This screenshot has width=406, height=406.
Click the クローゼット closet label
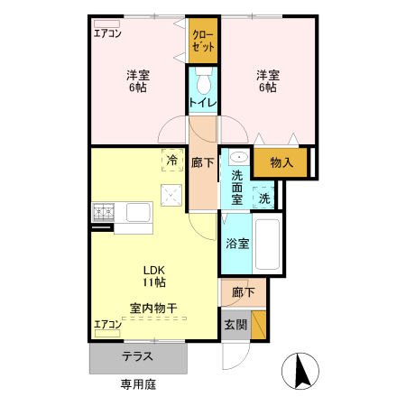coord(204,41)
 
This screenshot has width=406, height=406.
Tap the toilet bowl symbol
coord(204,84)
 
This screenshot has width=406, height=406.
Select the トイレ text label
coord(204,104)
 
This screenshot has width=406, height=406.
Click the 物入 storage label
coord(281,162)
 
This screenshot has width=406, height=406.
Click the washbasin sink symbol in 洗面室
coord(236,158)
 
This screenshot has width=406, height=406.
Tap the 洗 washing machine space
coord(264,198)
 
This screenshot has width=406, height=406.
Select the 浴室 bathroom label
coord(237,244)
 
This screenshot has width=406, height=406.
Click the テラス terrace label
coord(138,356)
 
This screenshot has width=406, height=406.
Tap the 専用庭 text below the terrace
coord(138,384)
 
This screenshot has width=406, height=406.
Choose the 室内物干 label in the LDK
coord(152,308)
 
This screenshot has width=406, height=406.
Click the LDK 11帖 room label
coord(152,275)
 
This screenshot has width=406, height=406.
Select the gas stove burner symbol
coord(103,212)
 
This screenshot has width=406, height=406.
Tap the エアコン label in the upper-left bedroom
coord(108,34)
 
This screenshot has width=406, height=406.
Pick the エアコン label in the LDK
coord(108,323)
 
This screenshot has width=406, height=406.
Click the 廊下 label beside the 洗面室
coord(203,163)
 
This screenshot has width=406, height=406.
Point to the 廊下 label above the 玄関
coord(241,293)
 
